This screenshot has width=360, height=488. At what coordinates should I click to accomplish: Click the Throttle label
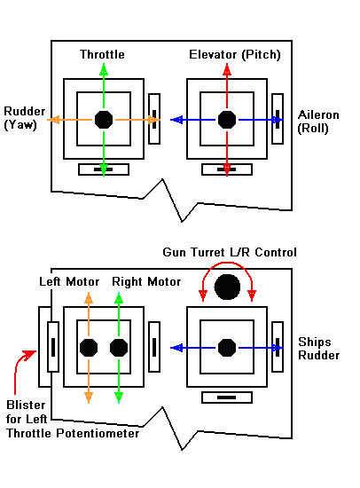pyautogui.click(x=102, y=54)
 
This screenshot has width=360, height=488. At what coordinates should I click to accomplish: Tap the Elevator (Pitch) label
pyautogui.click(x=235, y=55)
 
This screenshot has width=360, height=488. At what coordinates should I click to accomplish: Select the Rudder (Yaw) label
pyautogui.click(x=24, y=118)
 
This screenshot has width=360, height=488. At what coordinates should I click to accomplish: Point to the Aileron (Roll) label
pyautogui.click(x=318, y=122)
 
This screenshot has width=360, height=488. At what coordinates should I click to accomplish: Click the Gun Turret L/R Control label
pyautogui.click(x=230, y=252)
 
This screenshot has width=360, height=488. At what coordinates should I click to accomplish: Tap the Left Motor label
pyautogui.click(x=69, y=281)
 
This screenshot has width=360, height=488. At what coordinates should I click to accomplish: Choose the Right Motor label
pyautogui.click(x=146, y=281)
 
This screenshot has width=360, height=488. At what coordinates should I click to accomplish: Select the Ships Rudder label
pyautogui.click(x=318, y=349)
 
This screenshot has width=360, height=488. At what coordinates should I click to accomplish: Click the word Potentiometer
pyautogui.click(x=98, y=433)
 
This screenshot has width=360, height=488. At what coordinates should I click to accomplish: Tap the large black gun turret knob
pyautogui.click(x=228, y=287)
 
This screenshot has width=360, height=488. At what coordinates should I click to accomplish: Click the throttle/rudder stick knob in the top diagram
pyautogui.click(x=104, y=120)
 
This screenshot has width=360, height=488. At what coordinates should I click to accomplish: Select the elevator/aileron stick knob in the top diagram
pyautogui.click(x=227, y=120)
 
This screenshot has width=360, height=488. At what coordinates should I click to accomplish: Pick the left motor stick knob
pyautogui.click(x=89, y=348)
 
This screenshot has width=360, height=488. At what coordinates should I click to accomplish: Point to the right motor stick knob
pyautogui.click(x=119, y=348)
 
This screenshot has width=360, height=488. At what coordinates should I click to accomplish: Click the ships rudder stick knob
pyautogui.click(x=227, y=348)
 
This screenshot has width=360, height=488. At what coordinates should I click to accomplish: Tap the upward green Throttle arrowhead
pyautogui.click(x=104, y=70)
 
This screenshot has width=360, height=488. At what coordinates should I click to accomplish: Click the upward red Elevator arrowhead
pyautogui.click(x=227, y=70)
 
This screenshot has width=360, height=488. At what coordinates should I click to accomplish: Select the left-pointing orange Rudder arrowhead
pyautogui.click(x=53, y=120)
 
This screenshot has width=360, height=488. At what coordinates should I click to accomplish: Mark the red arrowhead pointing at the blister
pyautogui.click(x=31, y=355)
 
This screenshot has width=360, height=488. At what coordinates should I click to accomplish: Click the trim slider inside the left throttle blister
pyautogui.click(x=53, y=347)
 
